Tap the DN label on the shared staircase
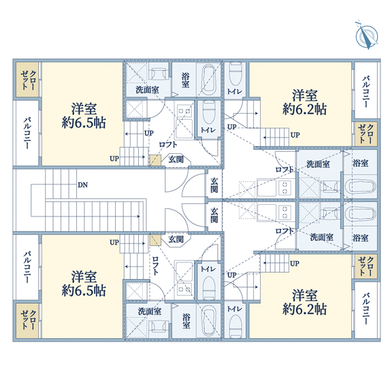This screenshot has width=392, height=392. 83,185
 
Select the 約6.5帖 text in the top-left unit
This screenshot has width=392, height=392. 84,122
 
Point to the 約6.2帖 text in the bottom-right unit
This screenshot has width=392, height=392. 304,309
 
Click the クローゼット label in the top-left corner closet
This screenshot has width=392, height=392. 28,80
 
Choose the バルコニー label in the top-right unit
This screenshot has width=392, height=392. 366,92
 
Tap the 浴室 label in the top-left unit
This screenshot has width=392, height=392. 185,80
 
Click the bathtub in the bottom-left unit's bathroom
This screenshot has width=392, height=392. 209,321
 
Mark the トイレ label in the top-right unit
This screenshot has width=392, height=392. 235,91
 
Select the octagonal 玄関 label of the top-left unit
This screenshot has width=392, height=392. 176,159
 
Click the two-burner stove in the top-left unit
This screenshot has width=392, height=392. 184,111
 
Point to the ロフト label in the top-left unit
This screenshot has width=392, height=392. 168,144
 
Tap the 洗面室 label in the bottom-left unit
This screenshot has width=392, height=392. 150,311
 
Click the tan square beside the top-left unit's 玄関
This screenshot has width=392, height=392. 155,160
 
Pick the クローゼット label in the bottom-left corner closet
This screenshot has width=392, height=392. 28,320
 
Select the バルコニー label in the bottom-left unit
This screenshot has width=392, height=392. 27,267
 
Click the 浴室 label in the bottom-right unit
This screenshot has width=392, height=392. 361,238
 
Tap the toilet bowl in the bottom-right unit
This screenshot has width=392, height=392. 235,325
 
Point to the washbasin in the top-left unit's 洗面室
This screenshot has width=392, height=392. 158,73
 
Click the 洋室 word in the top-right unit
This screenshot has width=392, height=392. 304,95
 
